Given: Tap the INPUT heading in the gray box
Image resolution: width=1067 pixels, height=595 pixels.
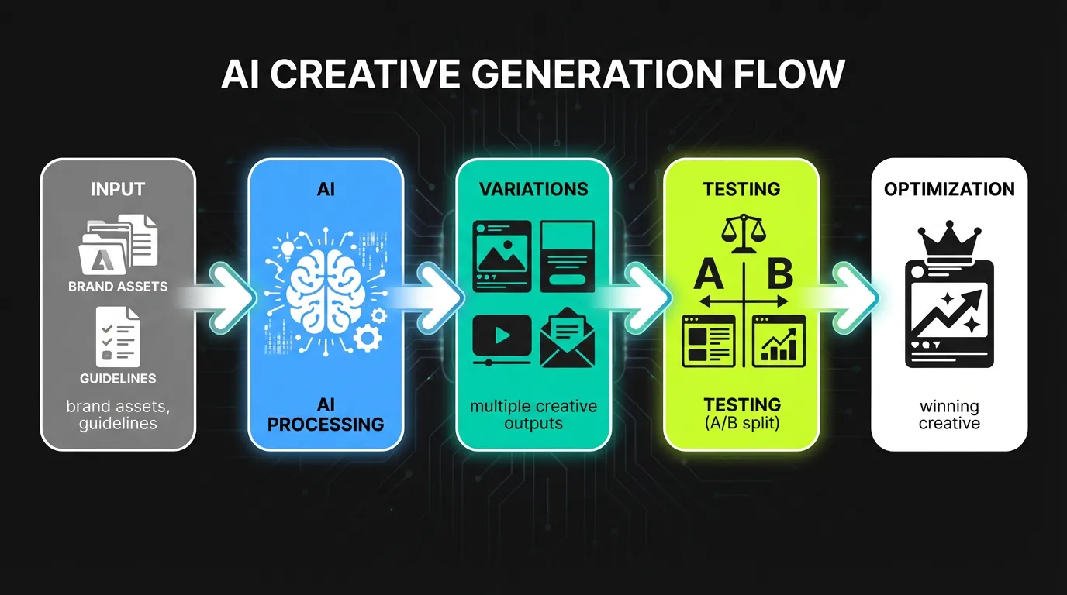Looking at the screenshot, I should tap(118, 190).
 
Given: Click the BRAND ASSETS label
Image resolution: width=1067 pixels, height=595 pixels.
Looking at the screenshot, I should tap(118, 287).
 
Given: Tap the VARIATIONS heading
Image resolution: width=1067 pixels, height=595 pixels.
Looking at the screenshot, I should tap(533, 189).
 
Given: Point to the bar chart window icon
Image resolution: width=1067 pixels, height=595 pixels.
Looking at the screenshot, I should tap(779, 340).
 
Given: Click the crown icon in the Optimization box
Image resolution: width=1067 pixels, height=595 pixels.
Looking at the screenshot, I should tap(949, 242).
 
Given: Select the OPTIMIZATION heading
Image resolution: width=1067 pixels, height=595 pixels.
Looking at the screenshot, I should tap(949, 190).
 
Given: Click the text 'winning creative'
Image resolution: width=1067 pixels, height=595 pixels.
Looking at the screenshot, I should tap(949, 414).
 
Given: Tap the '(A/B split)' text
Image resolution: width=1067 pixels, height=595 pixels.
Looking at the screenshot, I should tap(742, 423).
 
